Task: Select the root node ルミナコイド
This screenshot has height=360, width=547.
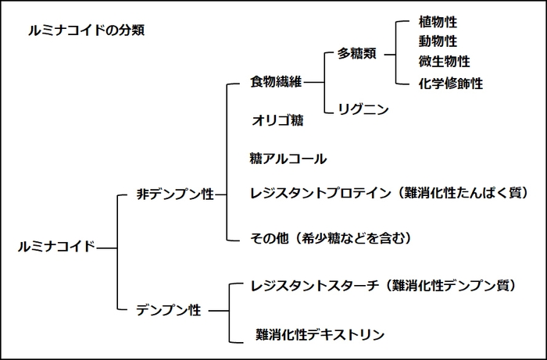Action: (56, 247)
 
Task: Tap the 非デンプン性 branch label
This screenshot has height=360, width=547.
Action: (175, 195)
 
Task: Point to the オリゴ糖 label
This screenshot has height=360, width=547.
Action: (277, 121)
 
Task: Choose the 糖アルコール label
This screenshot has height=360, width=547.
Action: (288, 159)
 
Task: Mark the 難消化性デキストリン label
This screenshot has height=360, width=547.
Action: (320, 335)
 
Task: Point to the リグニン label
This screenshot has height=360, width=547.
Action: (363, 110)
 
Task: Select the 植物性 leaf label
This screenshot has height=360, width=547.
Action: (438, 22)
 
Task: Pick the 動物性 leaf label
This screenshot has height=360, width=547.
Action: (438, 41)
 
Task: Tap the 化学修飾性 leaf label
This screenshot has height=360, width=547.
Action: (451, 83)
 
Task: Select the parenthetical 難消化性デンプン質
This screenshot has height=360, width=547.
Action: (456, 286)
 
